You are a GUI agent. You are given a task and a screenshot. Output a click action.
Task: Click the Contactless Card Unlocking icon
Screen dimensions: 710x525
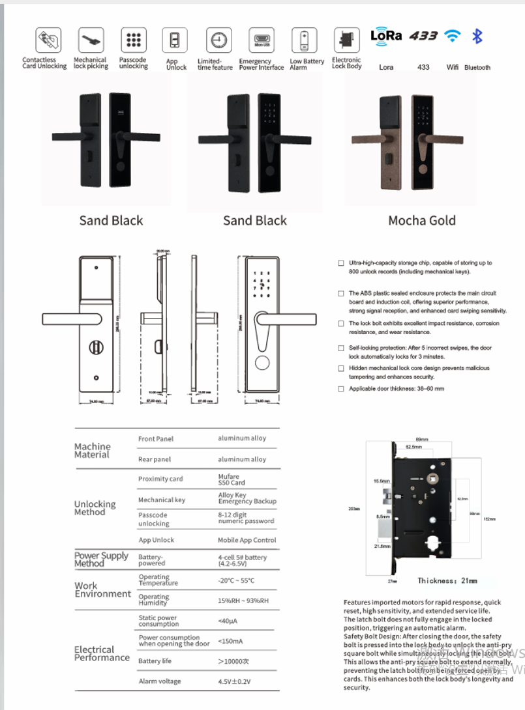(x=48, y=40)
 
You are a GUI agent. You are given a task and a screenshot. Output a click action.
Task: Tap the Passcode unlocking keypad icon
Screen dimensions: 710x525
(x=134, y=40)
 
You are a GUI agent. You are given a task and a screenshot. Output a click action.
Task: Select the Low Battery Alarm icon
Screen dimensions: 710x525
(x=304, y=40)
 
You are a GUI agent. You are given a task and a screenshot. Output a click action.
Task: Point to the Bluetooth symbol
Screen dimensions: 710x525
(x=477, y=36)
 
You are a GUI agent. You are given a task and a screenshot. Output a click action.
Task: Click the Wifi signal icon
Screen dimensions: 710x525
(x=452, y=36)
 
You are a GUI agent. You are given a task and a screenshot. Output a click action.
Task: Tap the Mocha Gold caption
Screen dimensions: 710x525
(x=422, y=221)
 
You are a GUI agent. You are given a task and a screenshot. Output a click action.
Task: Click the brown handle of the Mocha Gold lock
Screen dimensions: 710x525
(x=374, y=139)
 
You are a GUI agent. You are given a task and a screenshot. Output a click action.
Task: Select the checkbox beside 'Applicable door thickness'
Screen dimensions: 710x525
(x=341, y=389)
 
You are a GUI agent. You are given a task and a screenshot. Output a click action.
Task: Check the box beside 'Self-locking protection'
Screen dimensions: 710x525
(x=341, y=349)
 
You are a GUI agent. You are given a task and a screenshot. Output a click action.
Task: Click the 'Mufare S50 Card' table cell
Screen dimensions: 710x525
(x=232, y=480)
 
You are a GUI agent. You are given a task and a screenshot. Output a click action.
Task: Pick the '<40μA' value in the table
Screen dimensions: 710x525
(x=228, y=621)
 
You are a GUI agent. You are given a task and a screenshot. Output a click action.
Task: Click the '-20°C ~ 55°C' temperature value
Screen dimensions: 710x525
(x=236, y=580)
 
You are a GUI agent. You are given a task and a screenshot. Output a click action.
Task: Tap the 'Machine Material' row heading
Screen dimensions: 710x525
(x=93, y=451)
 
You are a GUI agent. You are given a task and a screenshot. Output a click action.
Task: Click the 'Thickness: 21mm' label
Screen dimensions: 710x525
(x=447, y=580)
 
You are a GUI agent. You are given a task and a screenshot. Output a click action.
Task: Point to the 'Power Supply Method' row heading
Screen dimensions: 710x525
(x=101, y=560)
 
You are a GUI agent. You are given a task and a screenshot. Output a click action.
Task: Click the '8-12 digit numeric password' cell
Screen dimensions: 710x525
(x=246, y=518)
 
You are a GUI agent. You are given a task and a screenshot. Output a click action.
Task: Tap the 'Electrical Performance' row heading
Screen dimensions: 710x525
(x=102, y=653)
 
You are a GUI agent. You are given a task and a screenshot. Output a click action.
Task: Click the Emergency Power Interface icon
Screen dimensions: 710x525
(x=261, y=40)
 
